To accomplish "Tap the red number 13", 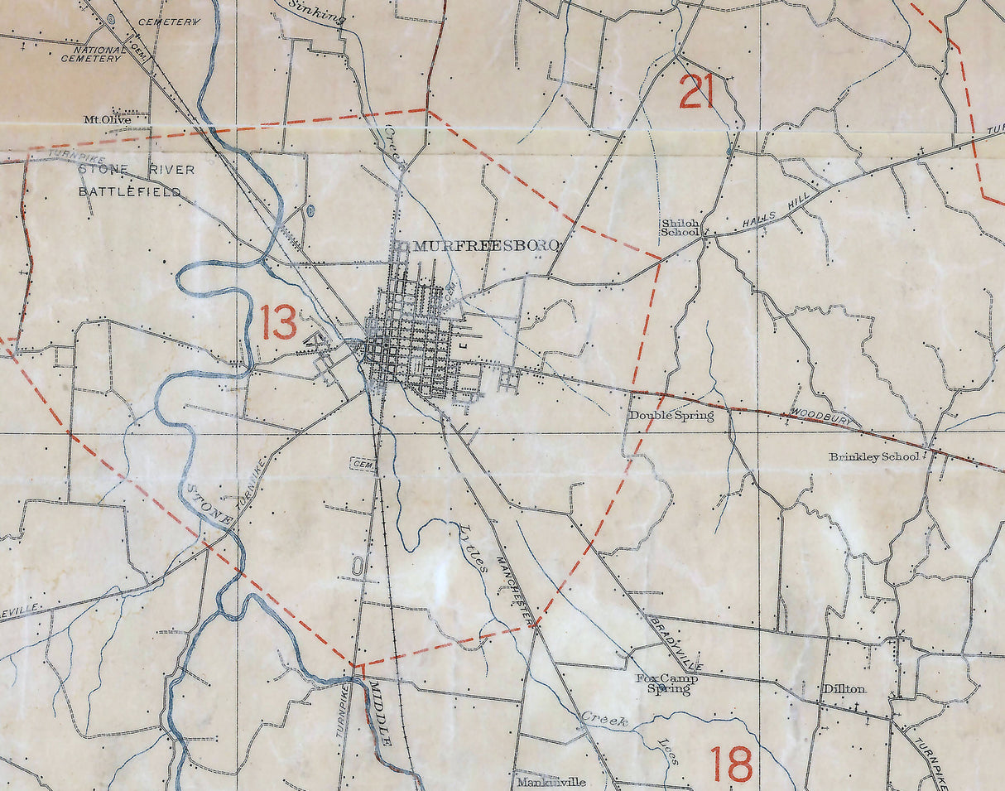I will pyautogui.click(x=279, y=322).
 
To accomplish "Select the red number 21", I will pyautogui.click(x=696, y=91).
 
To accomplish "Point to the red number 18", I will pyautogui.click(x=732, y=764).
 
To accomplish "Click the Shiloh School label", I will pyautogui.click(x=680, y=228).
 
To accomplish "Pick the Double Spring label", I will pyautogui.click(x=671, y=416).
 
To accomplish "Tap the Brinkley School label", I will pyautogui.click(x=873, y=456).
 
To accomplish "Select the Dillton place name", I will pyautogui.click(x=844, y=688).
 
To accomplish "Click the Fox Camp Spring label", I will pyautogui.click(x=667, y=683).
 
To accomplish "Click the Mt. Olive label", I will pyautogui.click(x=107, y=119).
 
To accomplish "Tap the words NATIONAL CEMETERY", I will pyautogui.click(x=93, y=54).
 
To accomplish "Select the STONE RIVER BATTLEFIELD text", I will pyautogui.click(x=132, y=181).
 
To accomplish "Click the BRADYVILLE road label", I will pyautogui.click(x=672, y=641).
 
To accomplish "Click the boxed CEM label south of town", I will pyautogui.click(x=363, y=465).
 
